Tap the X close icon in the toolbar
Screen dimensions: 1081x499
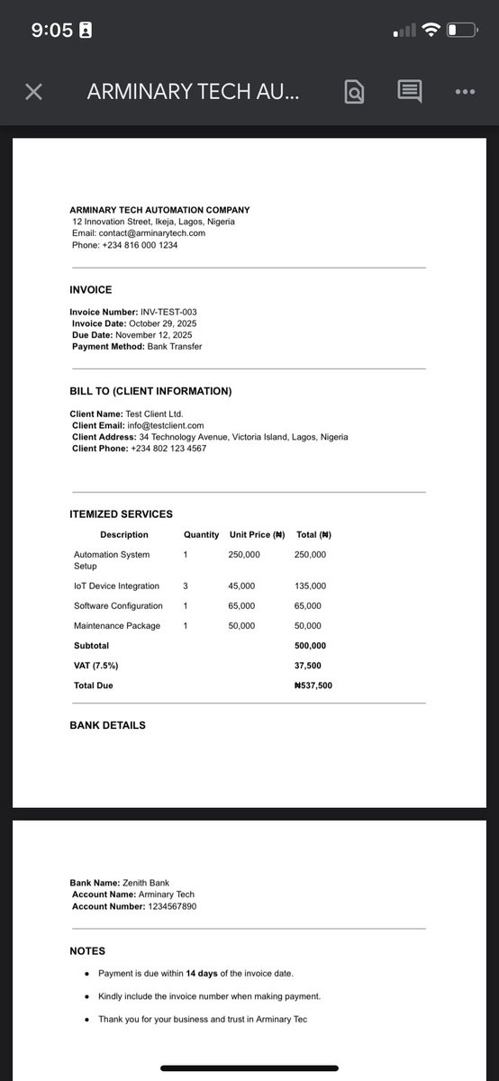(33, 92)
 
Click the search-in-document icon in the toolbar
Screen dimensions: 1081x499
(355, 92)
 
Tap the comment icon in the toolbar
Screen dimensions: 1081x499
(410, 92)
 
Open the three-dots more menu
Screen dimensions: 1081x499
(465, 92)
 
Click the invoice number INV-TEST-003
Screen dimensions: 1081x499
(168, 312)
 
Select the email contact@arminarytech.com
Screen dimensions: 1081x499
(151, 233)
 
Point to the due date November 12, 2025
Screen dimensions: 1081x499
(151, 335)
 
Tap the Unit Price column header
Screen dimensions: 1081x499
(257, 535)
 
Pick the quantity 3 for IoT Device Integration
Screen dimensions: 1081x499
(186, 586)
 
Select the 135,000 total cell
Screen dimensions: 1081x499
(310, 586)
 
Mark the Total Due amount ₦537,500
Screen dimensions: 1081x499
(313, 686)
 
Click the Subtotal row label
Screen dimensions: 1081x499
(91, 646)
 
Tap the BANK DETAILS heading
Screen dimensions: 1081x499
(107, 725)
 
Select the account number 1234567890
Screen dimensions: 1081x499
(171, 906)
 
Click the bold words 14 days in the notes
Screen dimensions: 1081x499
(204, 974)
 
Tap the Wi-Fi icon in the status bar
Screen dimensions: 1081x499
(431, 30)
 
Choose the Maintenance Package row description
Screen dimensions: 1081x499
(117, 626)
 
